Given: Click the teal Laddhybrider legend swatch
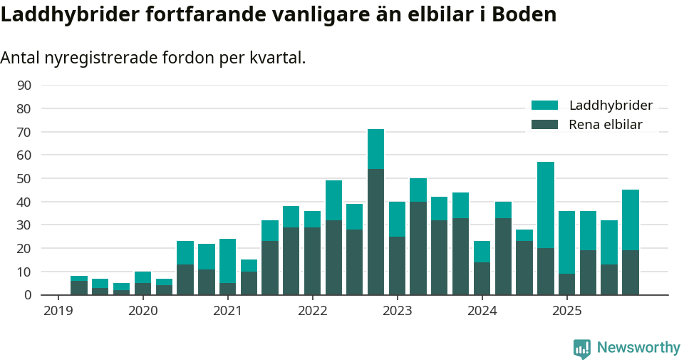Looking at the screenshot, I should (x=545, y=106).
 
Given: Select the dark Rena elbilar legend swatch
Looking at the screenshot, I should (x=545, y=125).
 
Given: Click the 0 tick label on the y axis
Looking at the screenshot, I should (x=27, y=295).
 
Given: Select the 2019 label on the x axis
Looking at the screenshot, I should (x=58, y=311).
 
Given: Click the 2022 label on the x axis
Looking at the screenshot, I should (x=312, y=311).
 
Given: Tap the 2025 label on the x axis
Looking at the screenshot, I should (x=567, y=311).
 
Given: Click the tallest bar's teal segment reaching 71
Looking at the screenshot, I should (x=375, y=149).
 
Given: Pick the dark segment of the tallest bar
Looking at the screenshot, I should (x=375, y=232).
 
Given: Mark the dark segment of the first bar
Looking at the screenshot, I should (x=79, y=287).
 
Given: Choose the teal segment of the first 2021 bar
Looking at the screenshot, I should (x=227, y=261).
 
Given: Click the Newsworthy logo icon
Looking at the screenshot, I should (x=581, y=349).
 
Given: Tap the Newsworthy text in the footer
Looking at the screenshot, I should (x=638, y=348).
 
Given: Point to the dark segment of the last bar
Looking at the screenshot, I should (x=631, y=272).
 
